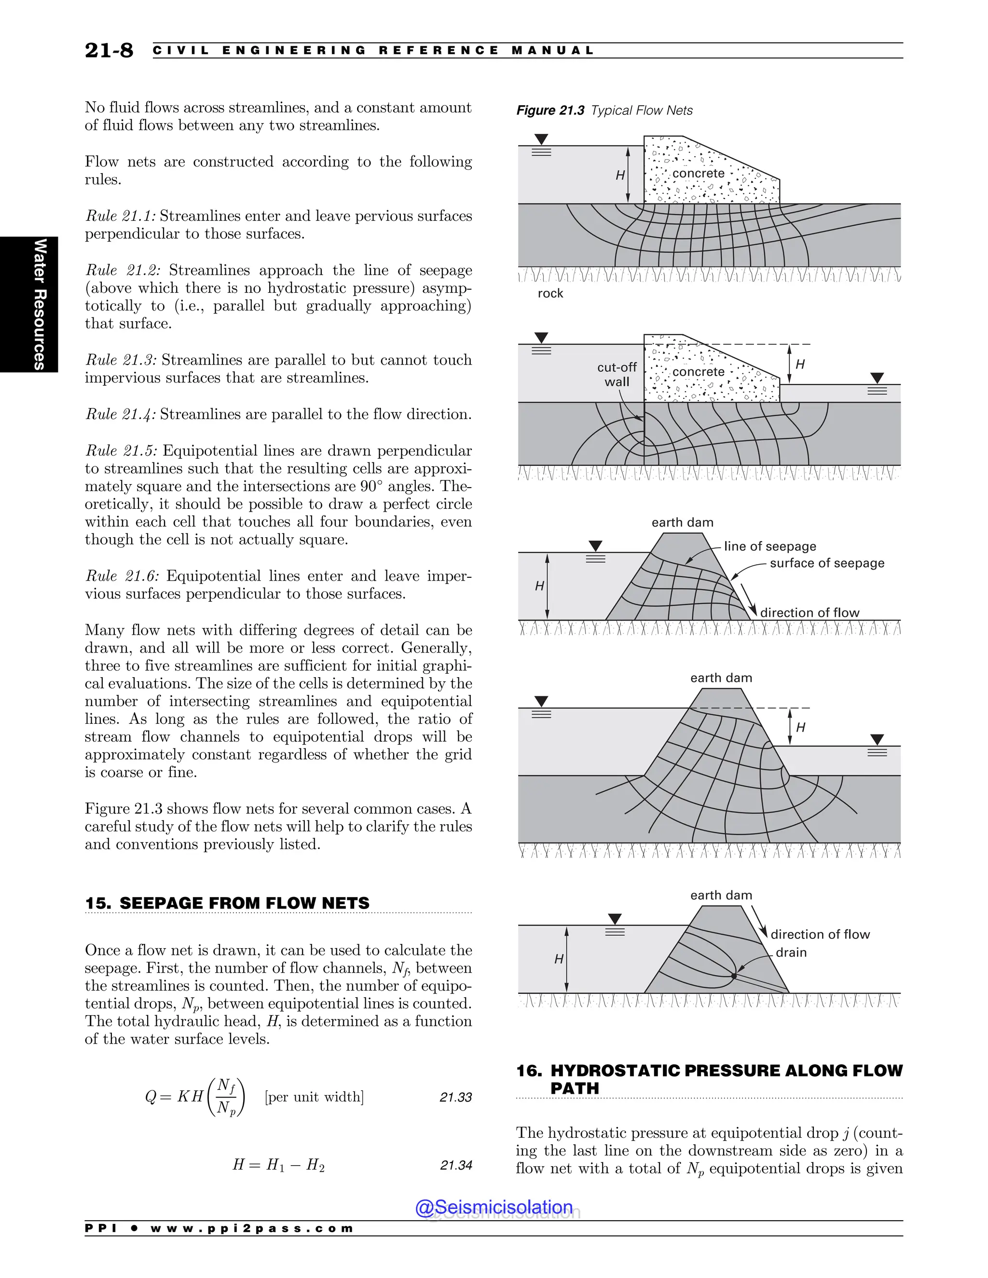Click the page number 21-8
(109, 50)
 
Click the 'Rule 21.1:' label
(121, 216)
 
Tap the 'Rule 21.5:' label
(122, 450)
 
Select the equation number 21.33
(455, 1097)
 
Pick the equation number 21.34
(455, 1165)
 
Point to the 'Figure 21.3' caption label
(549, 110)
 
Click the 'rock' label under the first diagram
(550, 293)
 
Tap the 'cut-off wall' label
(617, 375)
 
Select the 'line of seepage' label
(769, 546)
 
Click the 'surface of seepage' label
(826, 563)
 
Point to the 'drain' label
(791, 952)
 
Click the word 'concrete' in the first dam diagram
(698, 173)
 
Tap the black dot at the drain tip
(733, 976)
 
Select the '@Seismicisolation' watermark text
(494, 1207)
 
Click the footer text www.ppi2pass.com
(252, 1228)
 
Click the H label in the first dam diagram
(620, 175)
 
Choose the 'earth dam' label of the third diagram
(683, 523)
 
